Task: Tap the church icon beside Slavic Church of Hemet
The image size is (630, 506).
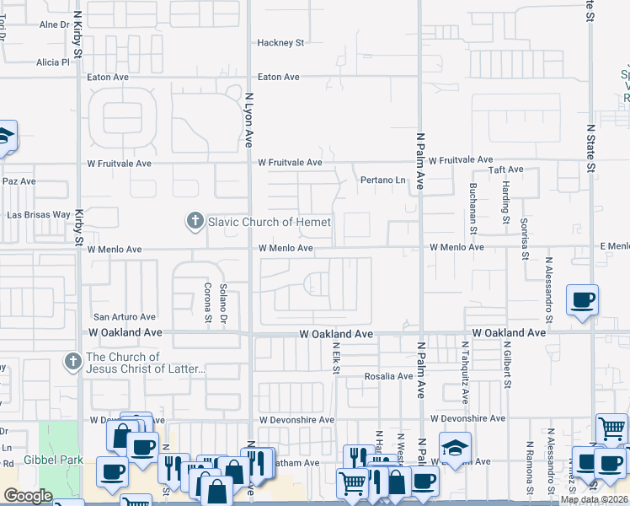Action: (195, 222)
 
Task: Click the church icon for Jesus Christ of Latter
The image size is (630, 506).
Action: (73, 363)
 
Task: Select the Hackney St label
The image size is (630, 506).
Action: (281, 42)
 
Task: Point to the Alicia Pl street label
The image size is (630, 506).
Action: (52, 62)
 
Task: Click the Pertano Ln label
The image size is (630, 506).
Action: (383, 180)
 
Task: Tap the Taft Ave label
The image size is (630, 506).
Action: (509, 170)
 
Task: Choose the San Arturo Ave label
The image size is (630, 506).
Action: (124, 317)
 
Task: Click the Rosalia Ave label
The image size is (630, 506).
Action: (388, 376)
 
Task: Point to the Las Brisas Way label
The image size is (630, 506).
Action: (39, 214)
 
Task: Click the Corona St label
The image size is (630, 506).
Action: (208, 303)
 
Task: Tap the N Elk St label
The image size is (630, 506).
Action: (335, 358)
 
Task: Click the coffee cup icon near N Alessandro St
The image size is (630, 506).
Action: (583, 300)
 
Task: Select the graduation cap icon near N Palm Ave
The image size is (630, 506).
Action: (455, 448)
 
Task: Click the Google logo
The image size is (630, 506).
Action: (28, 496)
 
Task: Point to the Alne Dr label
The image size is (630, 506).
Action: (54, 25)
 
